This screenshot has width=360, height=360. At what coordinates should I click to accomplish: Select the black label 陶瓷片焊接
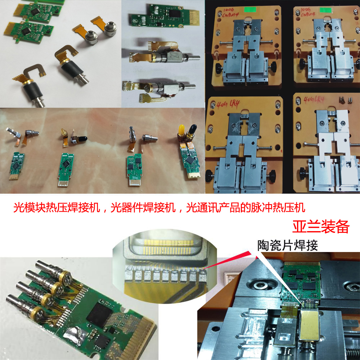[288, 246]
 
